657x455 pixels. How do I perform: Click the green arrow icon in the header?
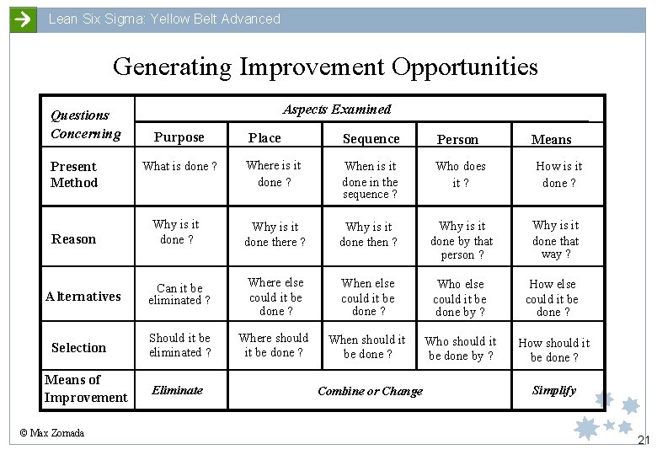point(24,19)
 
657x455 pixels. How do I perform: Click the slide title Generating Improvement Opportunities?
point(325,66)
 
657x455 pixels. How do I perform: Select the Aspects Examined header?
point(337,109)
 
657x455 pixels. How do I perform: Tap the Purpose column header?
point(179,137)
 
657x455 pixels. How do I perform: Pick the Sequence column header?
point(371,138)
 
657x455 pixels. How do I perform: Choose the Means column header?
point(552,140)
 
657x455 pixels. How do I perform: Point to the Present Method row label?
point(74,174)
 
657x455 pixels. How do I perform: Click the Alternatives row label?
point(83,296)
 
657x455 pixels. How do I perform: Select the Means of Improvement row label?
point(86,388)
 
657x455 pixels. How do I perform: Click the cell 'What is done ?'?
point(180,166)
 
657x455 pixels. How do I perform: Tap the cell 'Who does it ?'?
point(461,174)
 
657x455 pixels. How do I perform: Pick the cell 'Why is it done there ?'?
point(275,234)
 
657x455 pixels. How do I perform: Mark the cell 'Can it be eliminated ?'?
point(179,294)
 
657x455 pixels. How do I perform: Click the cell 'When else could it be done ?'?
point(368,297)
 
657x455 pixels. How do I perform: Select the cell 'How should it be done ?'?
point(554,350)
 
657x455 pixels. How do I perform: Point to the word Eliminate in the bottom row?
point(177,390)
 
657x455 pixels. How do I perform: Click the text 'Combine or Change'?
point(370,391)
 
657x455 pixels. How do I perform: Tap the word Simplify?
point(554,390)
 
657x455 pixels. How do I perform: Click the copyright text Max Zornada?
point(52,433)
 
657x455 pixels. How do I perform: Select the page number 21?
point(644,440)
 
